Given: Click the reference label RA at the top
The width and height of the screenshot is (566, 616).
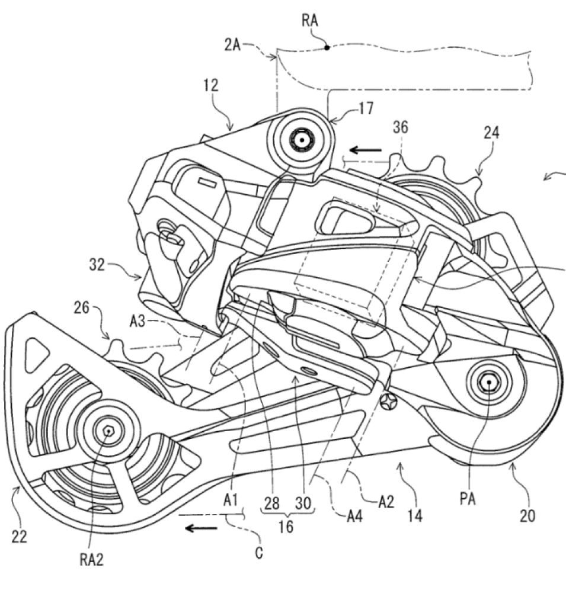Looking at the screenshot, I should [310, 21].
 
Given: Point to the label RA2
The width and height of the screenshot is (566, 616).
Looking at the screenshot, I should [92, 559].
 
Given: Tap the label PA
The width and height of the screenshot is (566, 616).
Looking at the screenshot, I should [468, 499].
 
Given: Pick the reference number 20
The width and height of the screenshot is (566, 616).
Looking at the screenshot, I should [527, 515].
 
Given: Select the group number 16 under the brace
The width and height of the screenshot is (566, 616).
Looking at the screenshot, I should [286, 526].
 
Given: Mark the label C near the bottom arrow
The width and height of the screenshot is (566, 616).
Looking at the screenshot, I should [259, 553].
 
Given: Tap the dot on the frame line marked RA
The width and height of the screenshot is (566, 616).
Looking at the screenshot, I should [327, 47].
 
